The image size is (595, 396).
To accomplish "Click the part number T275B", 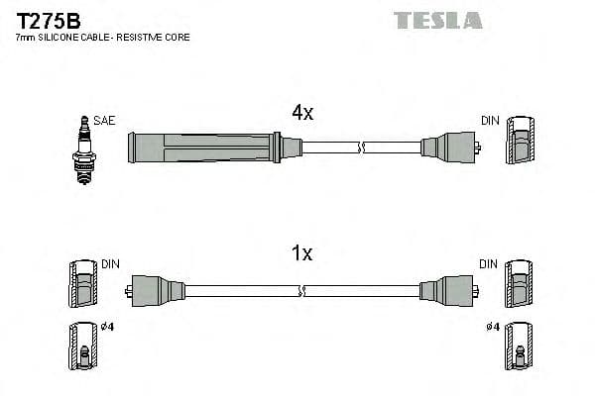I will (48, 19).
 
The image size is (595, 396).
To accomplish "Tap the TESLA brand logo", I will (437, 20).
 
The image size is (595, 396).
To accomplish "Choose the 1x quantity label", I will (302, 254).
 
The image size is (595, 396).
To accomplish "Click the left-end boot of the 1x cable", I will (157, 290).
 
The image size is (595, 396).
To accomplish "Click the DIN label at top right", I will (490, 121).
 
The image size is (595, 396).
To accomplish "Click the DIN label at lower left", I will (110, 264).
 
